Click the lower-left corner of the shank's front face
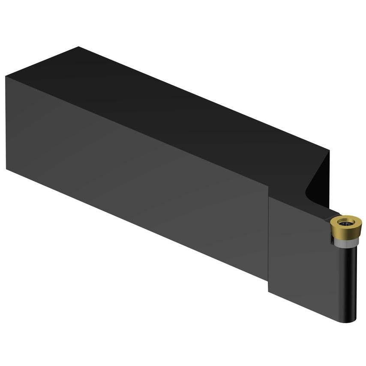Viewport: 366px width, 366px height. click(6, 169)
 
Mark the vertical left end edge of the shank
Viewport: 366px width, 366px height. click(6, 124)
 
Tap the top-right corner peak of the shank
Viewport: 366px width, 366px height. click(329, 150)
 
